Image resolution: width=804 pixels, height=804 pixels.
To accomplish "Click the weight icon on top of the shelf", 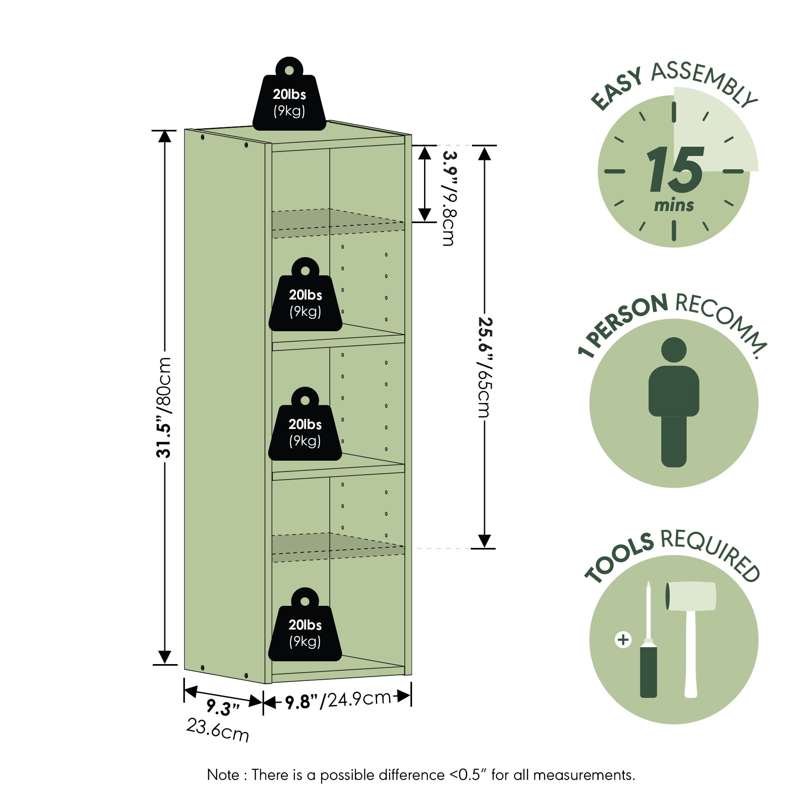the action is pyautogui.click(x=289, y=94).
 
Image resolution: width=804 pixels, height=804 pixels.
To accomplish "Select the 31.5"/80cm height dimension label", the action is pyautogui.click(x=164, y=407).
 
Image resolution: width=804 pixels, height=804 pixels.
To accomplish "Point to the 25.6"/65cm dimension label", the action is pyautogui.click(x=485, y=367).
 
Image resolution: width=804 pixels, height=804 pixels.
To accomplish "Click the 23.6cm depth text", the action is pyautogui.click(x=217, y=730).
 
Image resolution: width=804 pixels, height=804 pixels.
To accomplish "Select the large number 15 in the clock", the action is pyautogui.click(x=675, y=169).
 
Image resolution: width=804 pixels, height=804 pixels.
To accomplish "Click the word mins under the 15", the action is pyautogui.click(x=674, y=205).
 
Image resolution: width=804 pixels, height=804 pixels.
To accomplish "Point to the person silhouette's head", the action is pyautogui.click(x=674, y=350).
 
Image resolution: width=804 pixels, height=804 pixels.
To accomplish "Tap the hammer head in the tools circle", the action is pyautogui.click(x=691, y=595).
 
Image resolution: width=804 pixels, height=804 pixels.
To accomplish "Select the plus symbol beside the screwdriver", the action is pyautogui.click(x=623, y=639).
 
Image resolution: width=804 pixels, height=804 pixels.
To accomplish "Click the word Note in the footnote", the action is pyautogui.click(x=223, y=775).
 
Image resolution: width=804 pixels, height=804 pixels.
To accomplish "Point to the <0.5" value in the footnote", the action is pyautogui.click(x=468, y=775).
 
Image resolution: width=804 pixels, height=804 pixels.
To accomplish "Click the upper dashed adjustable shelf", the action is pyautogui.click(x=338, y=224).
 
